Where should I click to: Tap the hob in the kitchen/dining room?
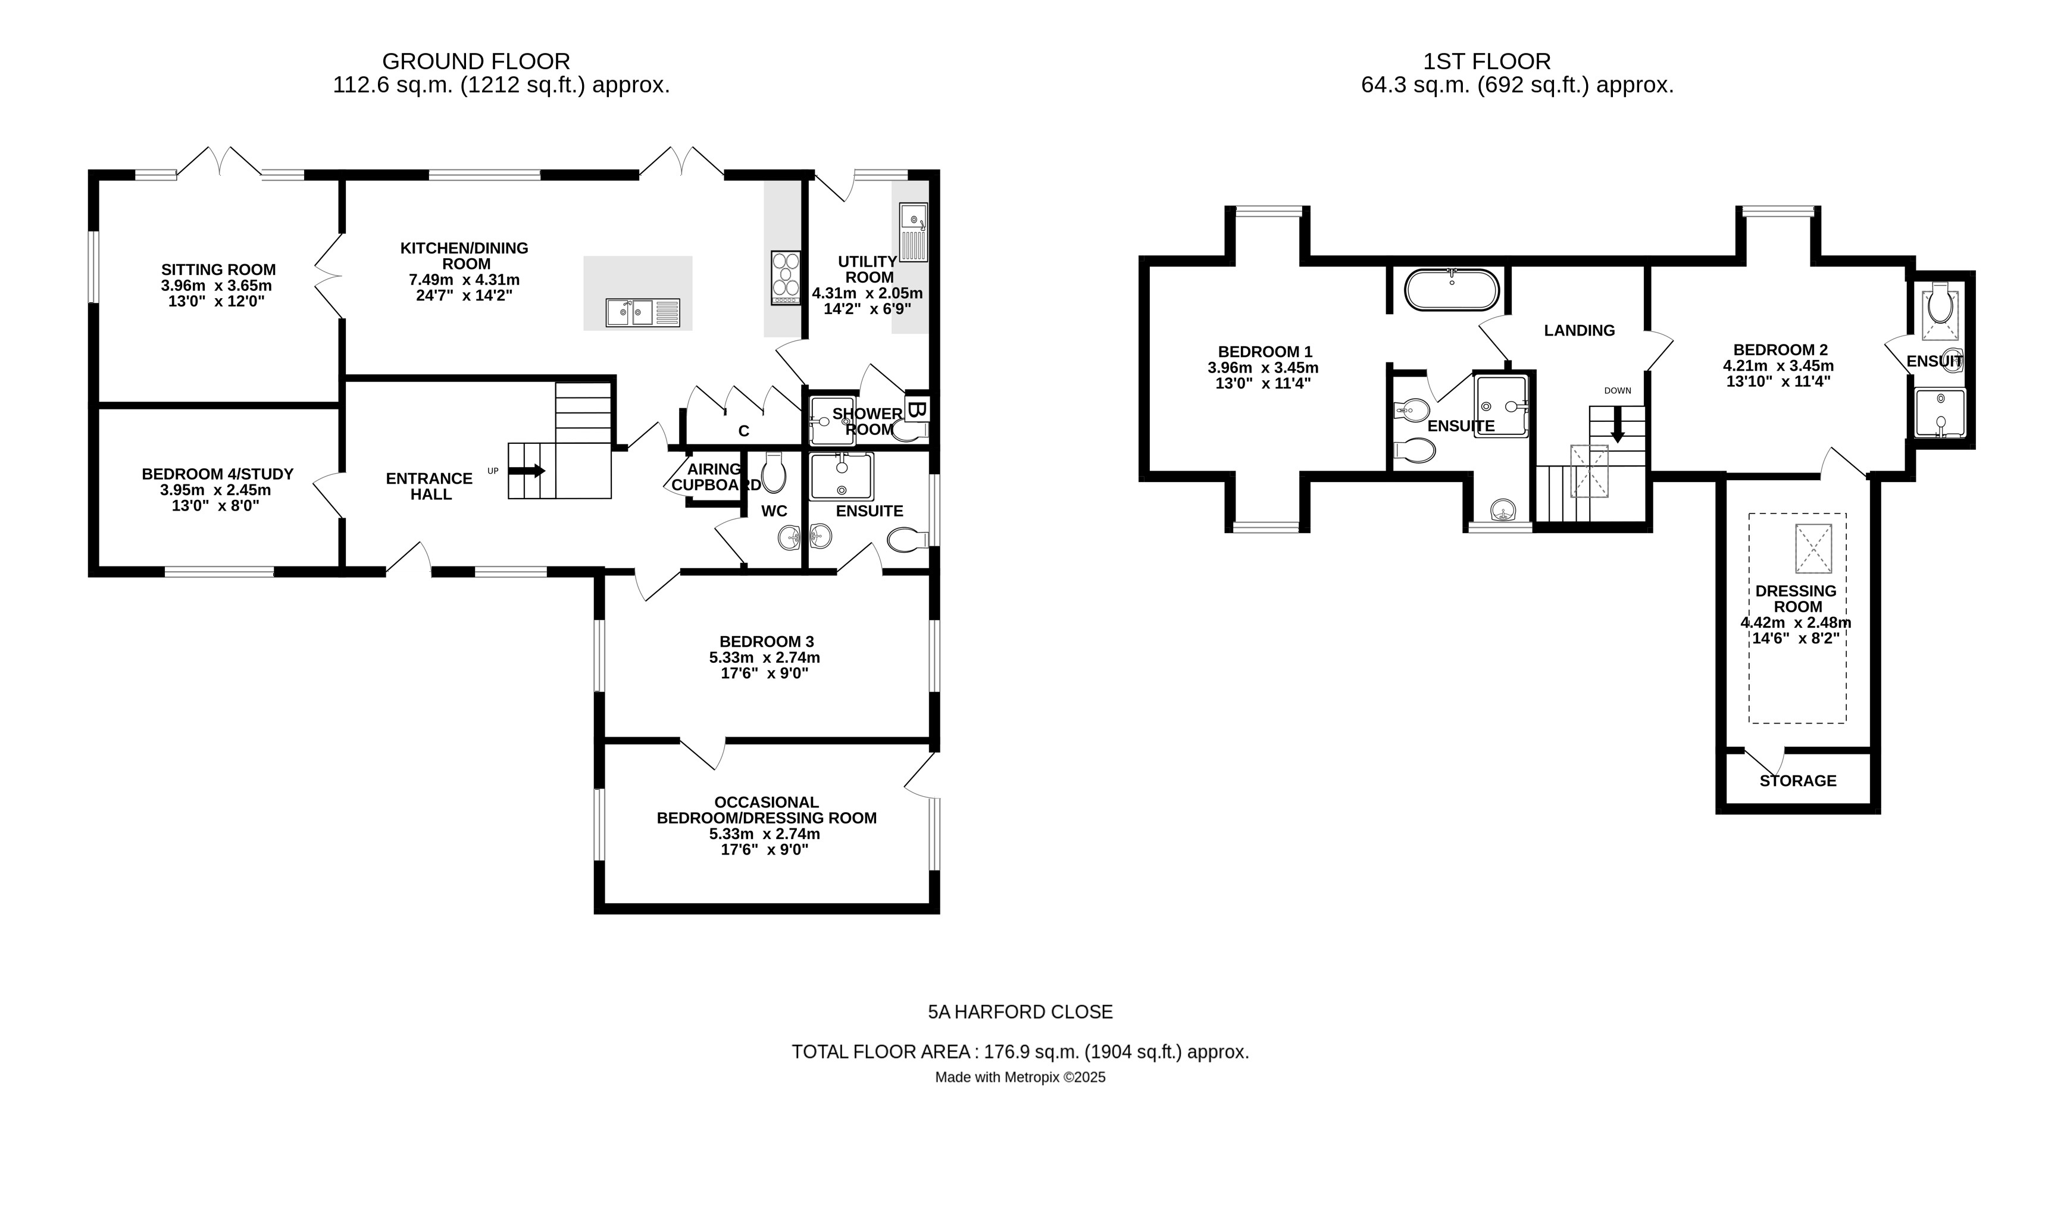coord(786,277)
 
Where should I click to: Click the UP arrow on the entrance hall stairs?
coord(528,471)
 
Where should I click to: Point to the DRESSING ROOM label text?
coord(1796,599)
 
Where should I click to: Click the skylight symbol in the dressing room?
coord(1813,549)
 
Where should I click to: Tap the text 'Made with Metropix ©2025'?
coord(1020,1077)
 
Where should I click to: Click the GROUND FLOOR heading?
coord(476,61)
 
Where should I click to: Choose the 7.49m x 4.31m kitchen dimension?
coord(464,280)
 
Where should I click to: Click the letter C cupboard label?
coord(743,431)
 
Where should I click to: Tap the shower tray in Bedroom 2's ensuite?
coord(1940,412)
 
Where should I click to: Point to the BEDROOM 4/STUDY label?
coord(217,474)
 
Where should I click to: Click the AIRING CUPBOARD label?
coord(714,477)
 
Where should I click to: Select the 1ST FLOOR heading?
coord(1487,61)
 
